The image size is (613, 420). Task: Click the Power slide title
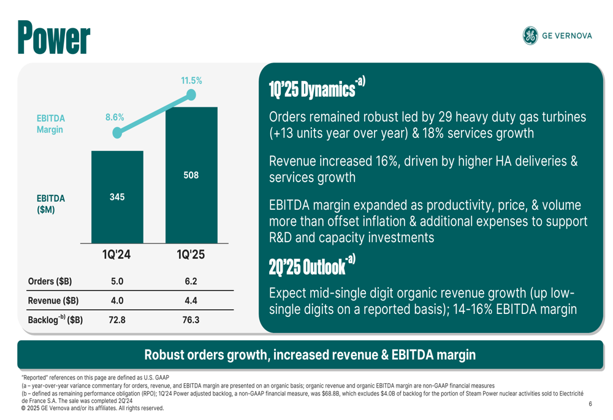click(53, 37)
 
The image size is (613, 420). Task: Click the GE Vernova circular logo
click(530, 36)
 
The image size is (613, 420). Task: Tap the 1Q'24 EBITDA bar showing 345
click(117, 197)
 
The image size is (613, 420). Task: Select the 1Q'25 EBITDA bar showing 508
click(191, 175)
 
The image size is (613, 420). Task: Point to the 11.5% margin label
click(191, 80)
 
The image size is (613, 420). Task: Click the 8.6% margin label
click(115, 117)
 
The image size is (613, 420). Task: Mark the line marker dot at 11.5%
click(191, 95)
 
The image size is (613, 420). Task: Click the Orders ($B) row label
click(50, 281)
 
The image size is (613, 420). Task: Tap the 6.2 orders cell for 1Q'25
click(191, 281)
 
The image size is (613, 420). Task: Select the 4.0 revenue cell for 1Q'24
click(116, 300)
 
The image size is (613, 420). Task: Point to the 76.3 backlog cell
click(191, 319)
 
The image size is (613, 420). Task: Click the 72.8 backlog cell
click(116, 319)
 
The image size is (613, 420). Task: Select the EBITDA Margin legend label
click(50, 123)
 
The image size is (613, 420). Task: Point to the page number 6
click(590, 403)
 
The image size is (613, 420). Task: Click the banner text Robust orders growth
click(310, 354)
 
